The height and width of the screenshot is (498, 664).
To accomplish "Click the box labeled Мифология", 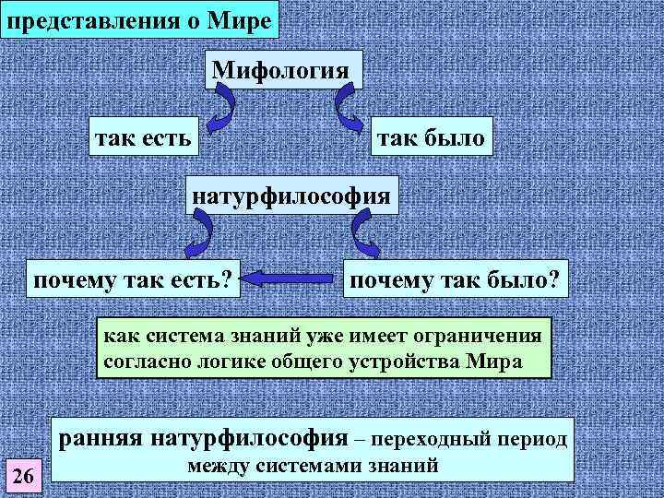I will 280,69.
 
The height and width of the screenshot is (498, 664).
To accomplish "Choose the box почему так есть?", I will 132,278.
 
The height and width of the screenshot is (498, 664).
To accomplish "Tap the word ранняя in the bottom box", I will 98,437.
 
